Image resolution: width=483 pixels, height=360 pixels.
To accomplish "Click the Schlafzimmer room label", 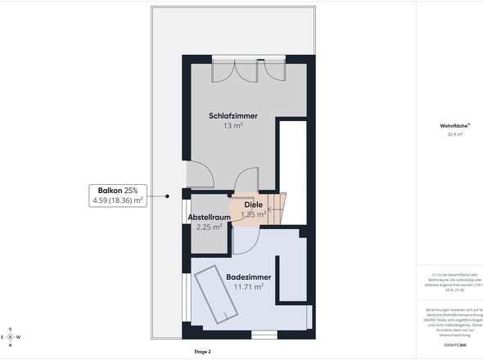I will coord(232,116).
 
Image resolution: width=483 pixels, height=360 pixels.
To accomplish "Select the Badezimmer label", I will coord(248,277).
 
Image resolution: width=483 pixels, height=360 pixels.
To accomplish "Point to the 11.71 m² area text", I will coord(248,287).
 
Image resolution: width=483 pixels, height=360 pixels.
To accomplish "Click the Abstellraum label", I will coord(208,217).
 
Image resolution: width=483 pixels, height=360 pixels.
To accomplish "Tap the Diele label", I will coord(253,204).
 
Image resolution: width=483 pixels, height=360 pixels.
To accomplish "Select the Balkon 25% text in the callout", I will coord(117,190).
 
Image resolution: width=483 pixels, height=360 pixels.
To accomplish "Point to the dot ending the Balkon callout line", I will coord(167,196).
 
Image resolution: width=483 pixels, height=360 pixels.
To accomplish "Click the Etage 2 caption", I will coord(202,351).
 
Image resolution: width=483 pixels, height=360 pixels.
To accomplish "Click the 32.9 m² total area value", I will coord(454,135).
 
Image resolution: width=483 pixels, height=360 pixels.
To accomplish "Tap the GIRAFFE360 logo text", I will coord(454,346).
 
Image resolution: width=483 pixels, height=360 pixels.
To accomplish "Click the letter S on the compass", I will coord(10,329).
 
